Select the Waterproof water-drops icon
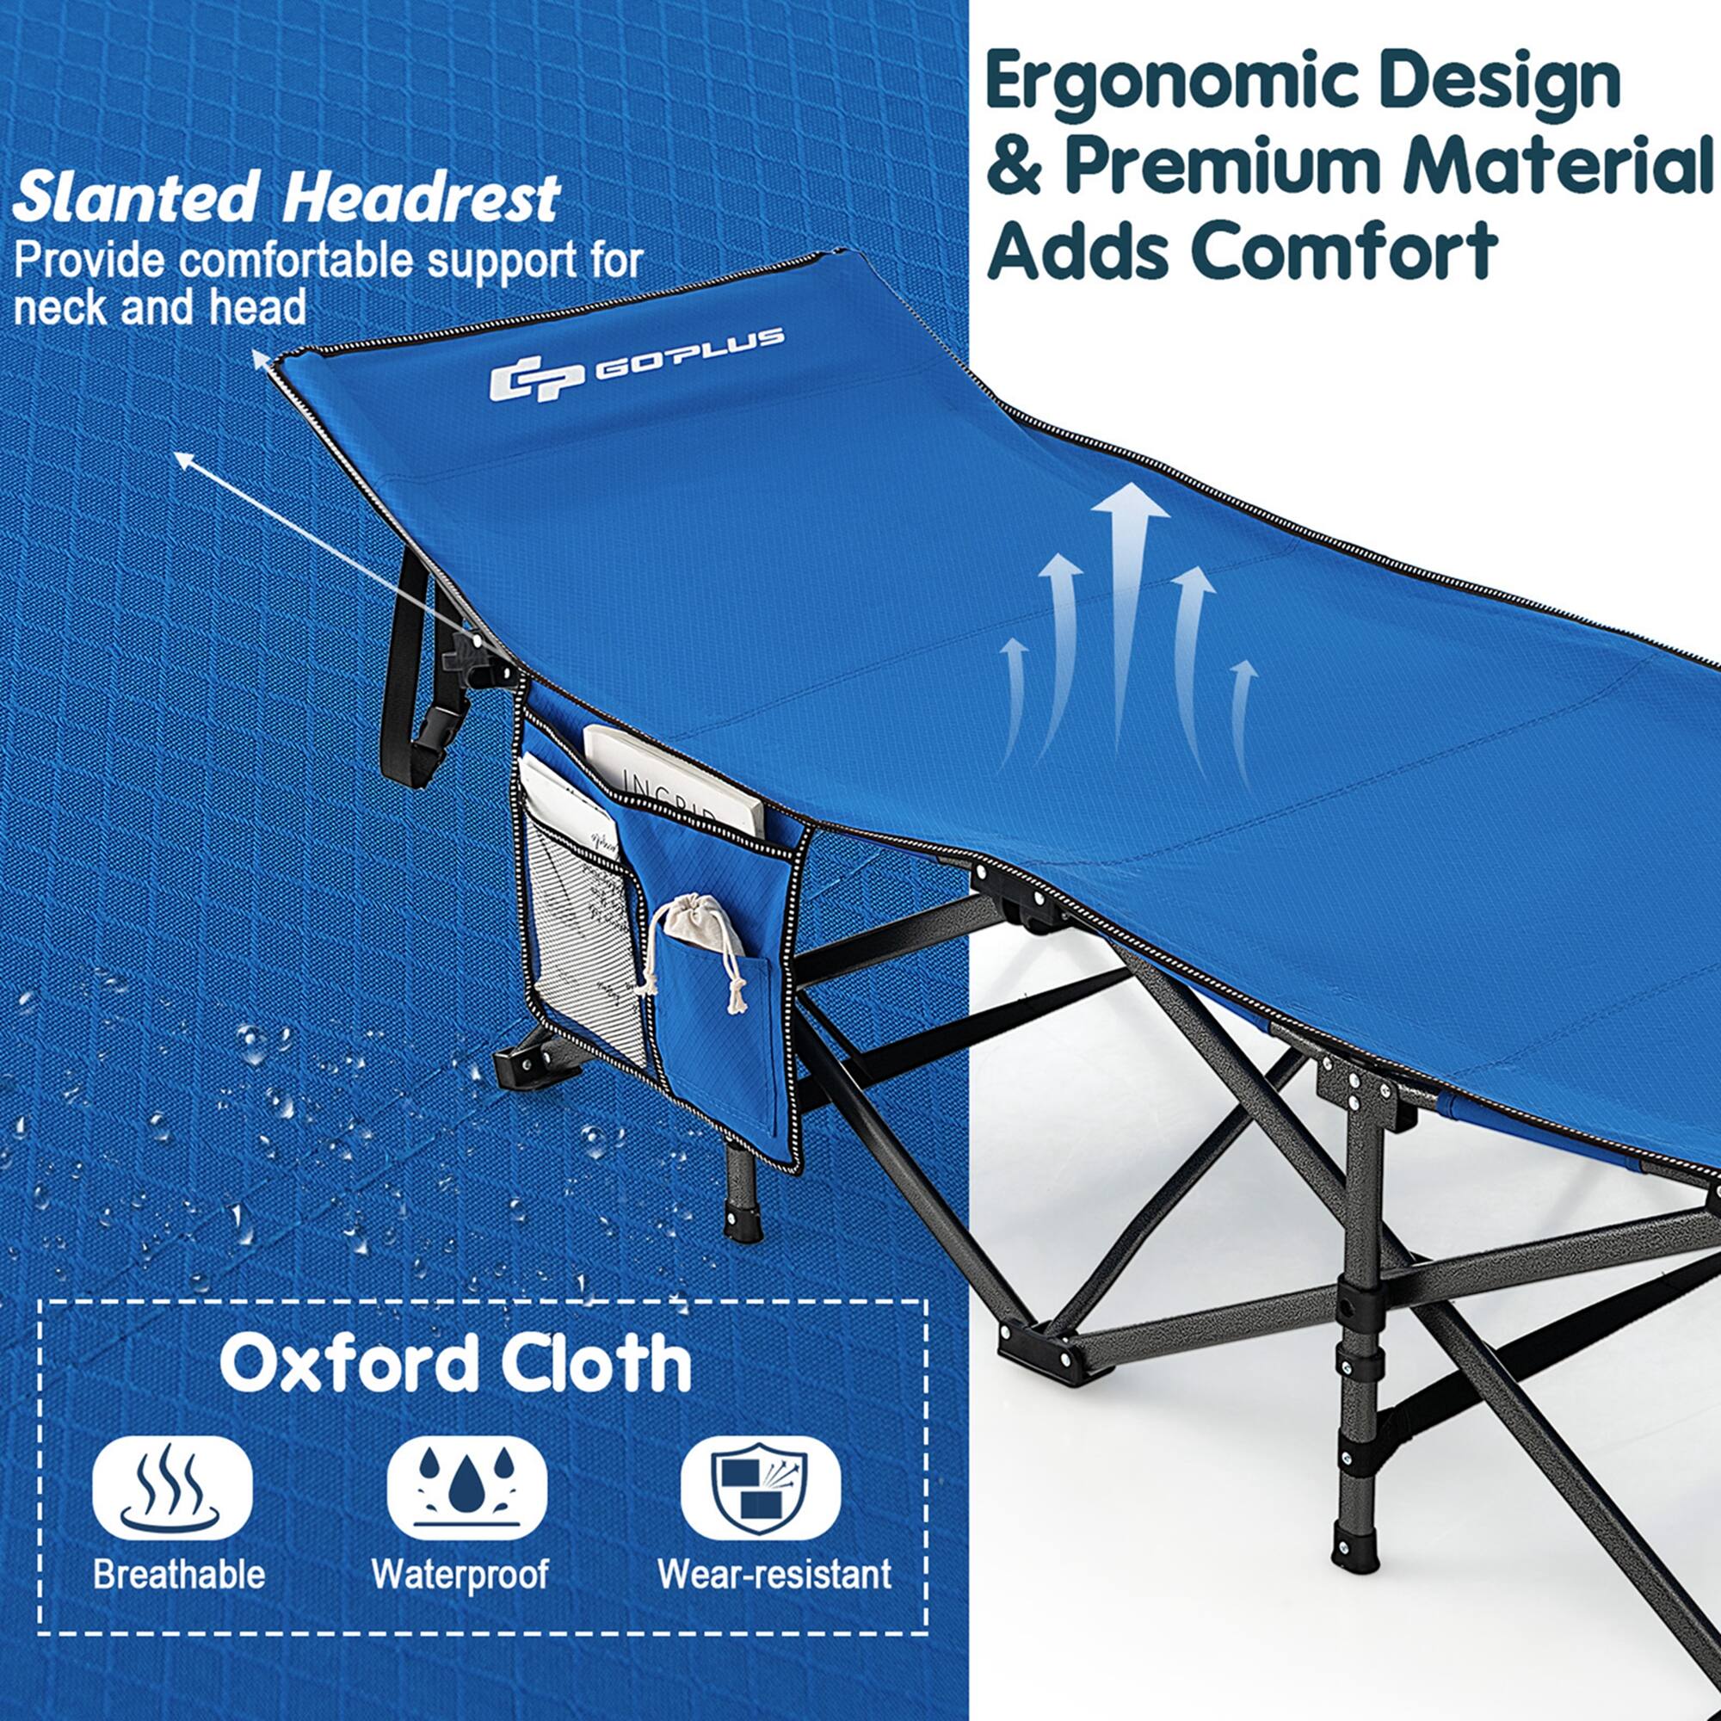point(466,1488)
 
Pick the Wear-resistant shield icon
point(760,1488)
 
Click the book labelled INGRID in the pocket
point(675,784)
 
